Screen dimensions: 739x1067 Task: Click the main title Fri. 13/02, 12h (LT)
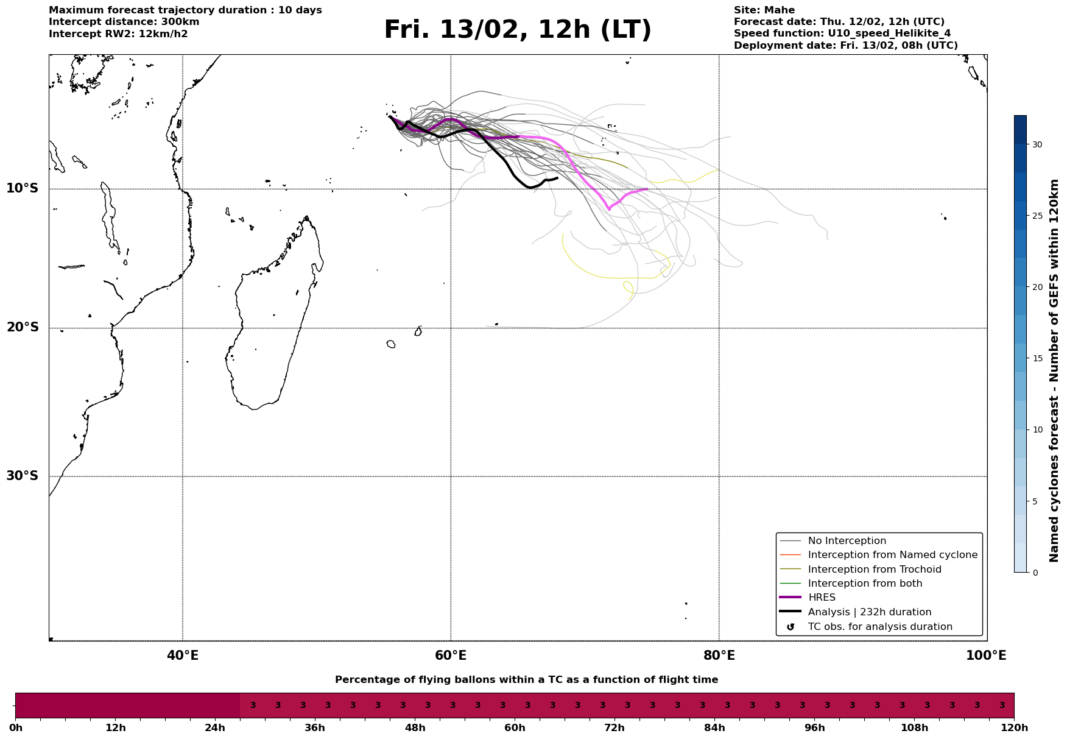point(518,30)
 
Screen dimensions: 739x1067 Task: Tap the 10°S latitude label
point(23,188)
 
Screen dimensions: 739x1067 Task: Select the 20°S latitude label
point(23,328)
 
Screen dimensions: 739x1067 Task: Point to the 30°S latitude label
point(23,476)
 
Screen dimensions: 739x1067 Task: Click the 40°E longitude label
point(183,656)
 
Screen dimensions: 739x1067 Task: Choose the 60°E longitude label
point(451,656)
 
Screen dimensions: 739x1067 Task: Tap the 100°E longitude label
point(986,656)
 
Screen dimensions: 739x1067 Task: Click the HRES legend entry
point(822,598)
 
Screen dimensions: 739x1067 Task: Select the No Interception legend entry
point(847,541)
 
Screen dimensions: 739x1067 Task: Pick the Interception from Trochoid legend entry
point(874,570)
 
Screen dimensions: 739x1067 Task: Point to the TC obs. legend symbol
point(791,627)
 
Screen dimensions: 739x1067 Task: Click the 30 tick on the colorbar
point(1037,144)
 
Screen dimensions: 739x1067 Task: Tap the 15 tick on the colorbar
point(1037,358)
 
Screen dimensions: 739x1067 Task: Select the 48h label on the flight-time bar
point(415,728)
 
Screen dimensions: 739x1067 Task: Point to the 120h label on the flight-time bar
point(1013,728)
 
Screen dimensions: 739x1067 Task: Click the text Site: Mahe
point(764,10)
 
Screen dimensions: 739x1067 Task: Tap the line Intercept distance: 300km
point(124,22)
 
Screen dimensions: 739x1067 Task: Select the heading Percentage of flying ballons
point(526,680)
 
